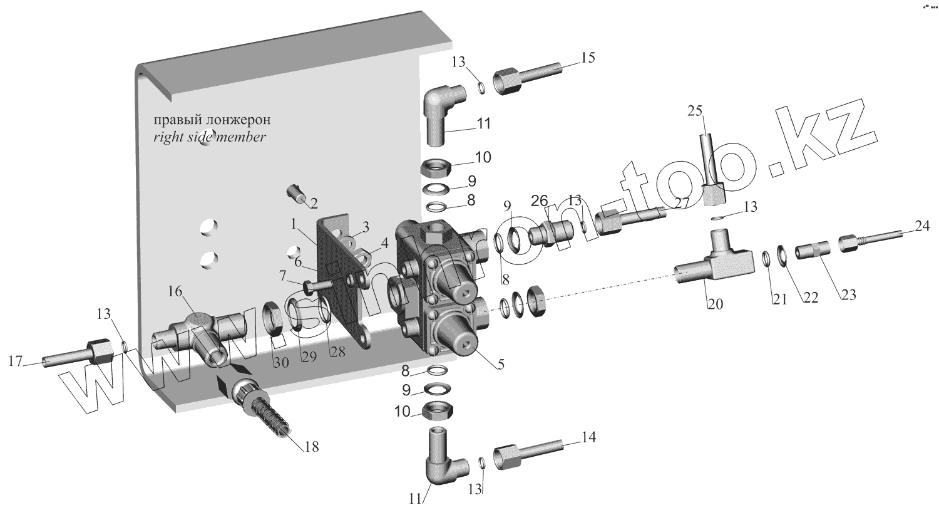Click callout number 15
point(587,58)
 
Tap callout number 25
point(695,111)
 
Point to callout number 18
point(310,446)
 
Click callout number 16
point(175,291)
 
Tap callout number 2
point(313,204)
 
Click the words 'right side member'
point(209,137)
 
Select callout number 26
point(540,200)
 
